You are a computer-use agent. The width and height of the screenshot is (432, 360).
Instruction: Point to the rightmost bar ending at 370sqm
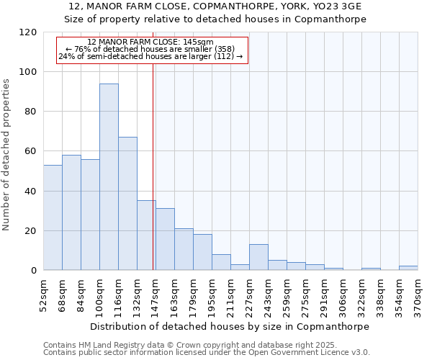(x=408, y=268)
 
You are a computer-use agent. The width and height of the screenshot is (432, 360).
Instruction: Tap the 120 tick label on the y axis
(x=28, y=32)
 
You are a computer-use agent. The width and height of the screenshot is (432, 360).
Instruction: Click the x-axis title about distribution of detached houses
(x=230, y=326)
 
